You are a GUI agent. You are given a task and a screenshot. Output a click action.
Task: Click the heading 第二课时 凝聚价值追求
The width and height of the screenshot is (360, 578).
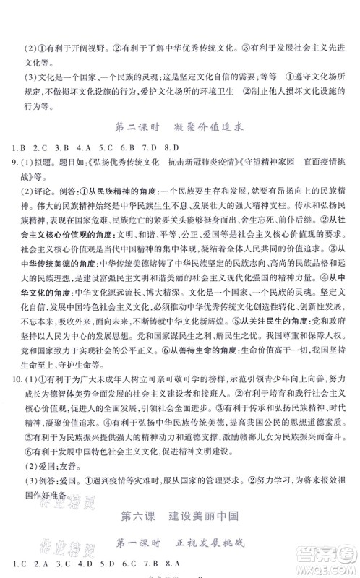(x=179, y=125)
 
